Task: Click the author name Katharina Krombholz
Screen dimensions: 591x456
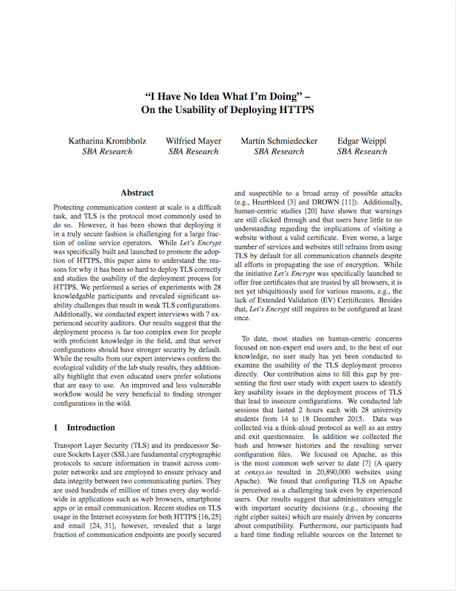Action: click(108, 140)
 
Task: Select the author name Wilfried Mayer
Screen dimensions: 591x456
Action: click(193, 140)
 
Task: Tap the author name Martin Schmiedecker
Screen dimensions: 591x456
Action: click(279, 140)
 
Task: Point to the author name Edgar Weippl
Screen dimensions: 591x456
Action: click(362, 140)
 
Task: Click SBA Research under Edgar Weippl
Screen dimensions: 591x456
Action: click(362, 151)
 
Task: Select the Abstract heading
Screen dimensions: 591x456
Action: click(137, 192)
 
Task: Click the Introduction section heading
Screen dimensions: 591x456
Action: click(91, 427)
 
